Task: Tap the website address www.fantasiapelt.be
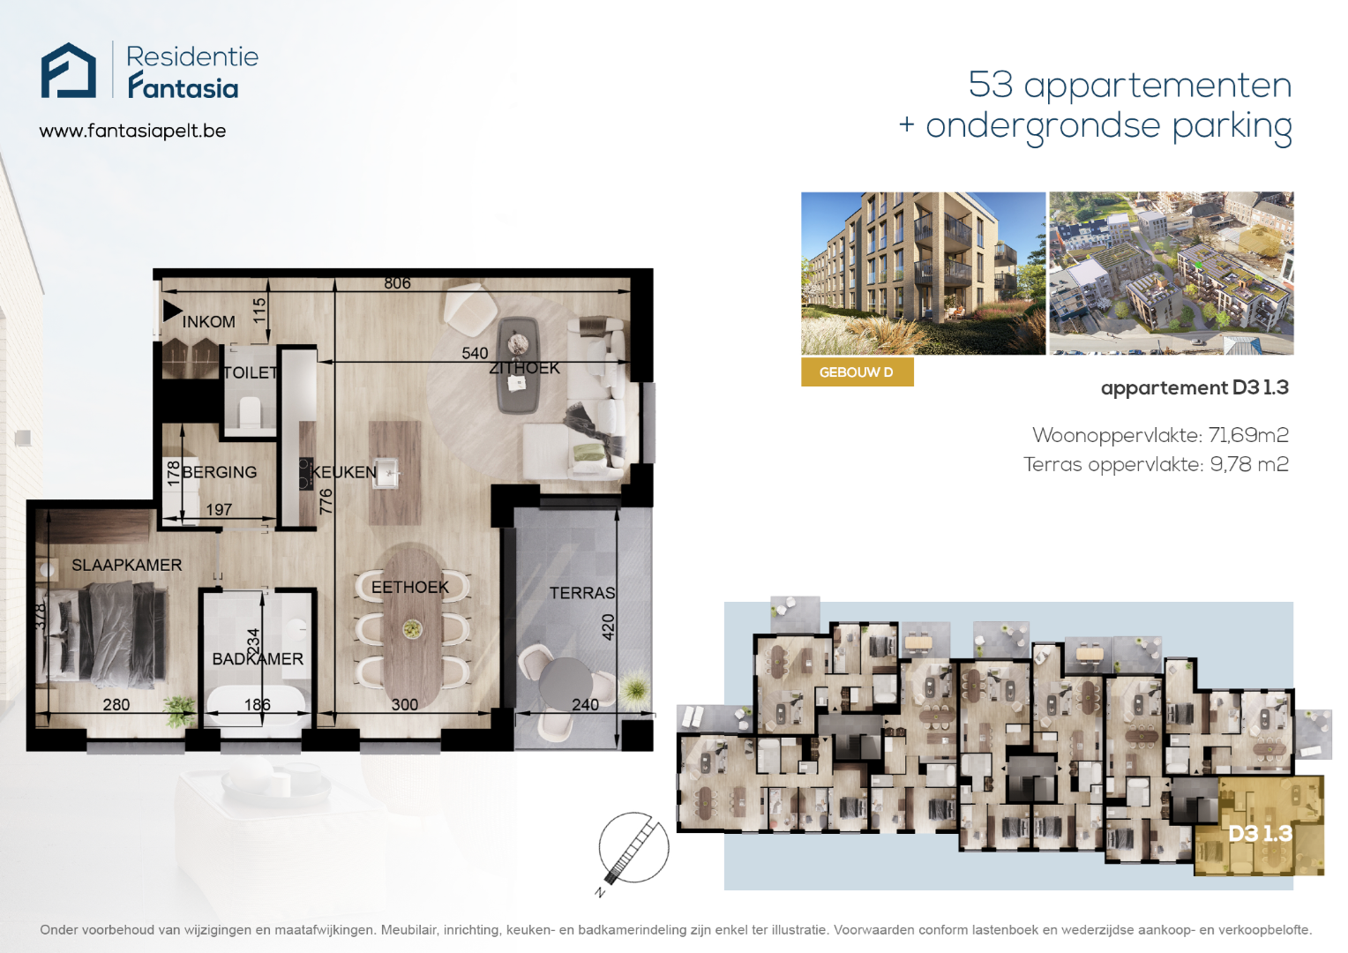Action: pyautogui.click(x=132, y=131)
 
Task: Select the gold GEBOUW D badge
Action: pyautogui.click(x=857, y=372)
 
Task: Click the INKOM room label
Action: pyautogui.click(x=208, y=321)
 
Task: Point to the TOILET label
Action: pyautogui.click(x=251, y=372)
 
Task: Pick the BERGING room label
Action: pyautogui.click(x=219, y=472)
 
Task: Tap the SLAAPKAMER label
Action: pyautogui.click(x=126, y=565)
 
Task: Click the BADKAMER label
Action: pyautogui.click(x=258, y=658)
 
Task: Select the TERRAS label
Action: pyautogui.click(x=582, y=593)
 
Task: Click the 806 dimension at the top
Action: pyautogui.click(x=397, y=283)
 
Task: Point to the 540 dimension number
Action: pyautogui.click(x=475, y=353)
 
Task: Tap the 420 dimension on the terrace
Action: pyautogui.click(x=609, y=627)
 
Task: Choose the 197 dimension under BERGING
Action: pyautogui.click(x=219, y=509)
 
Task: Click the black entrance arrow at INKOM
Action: pyautogui.click(x=172, y=311)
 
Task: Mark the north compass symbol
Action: pyautogui.click(x=633, y=850)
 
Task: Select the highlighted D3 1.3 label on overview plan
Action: pyautogui.click(x=1260, y=833)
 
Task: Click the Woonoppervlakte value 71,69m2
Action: pyautogui.click(x=1248, y=435)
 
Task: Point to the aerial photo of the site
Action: pyautogui.click(x=1171, y=274)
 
